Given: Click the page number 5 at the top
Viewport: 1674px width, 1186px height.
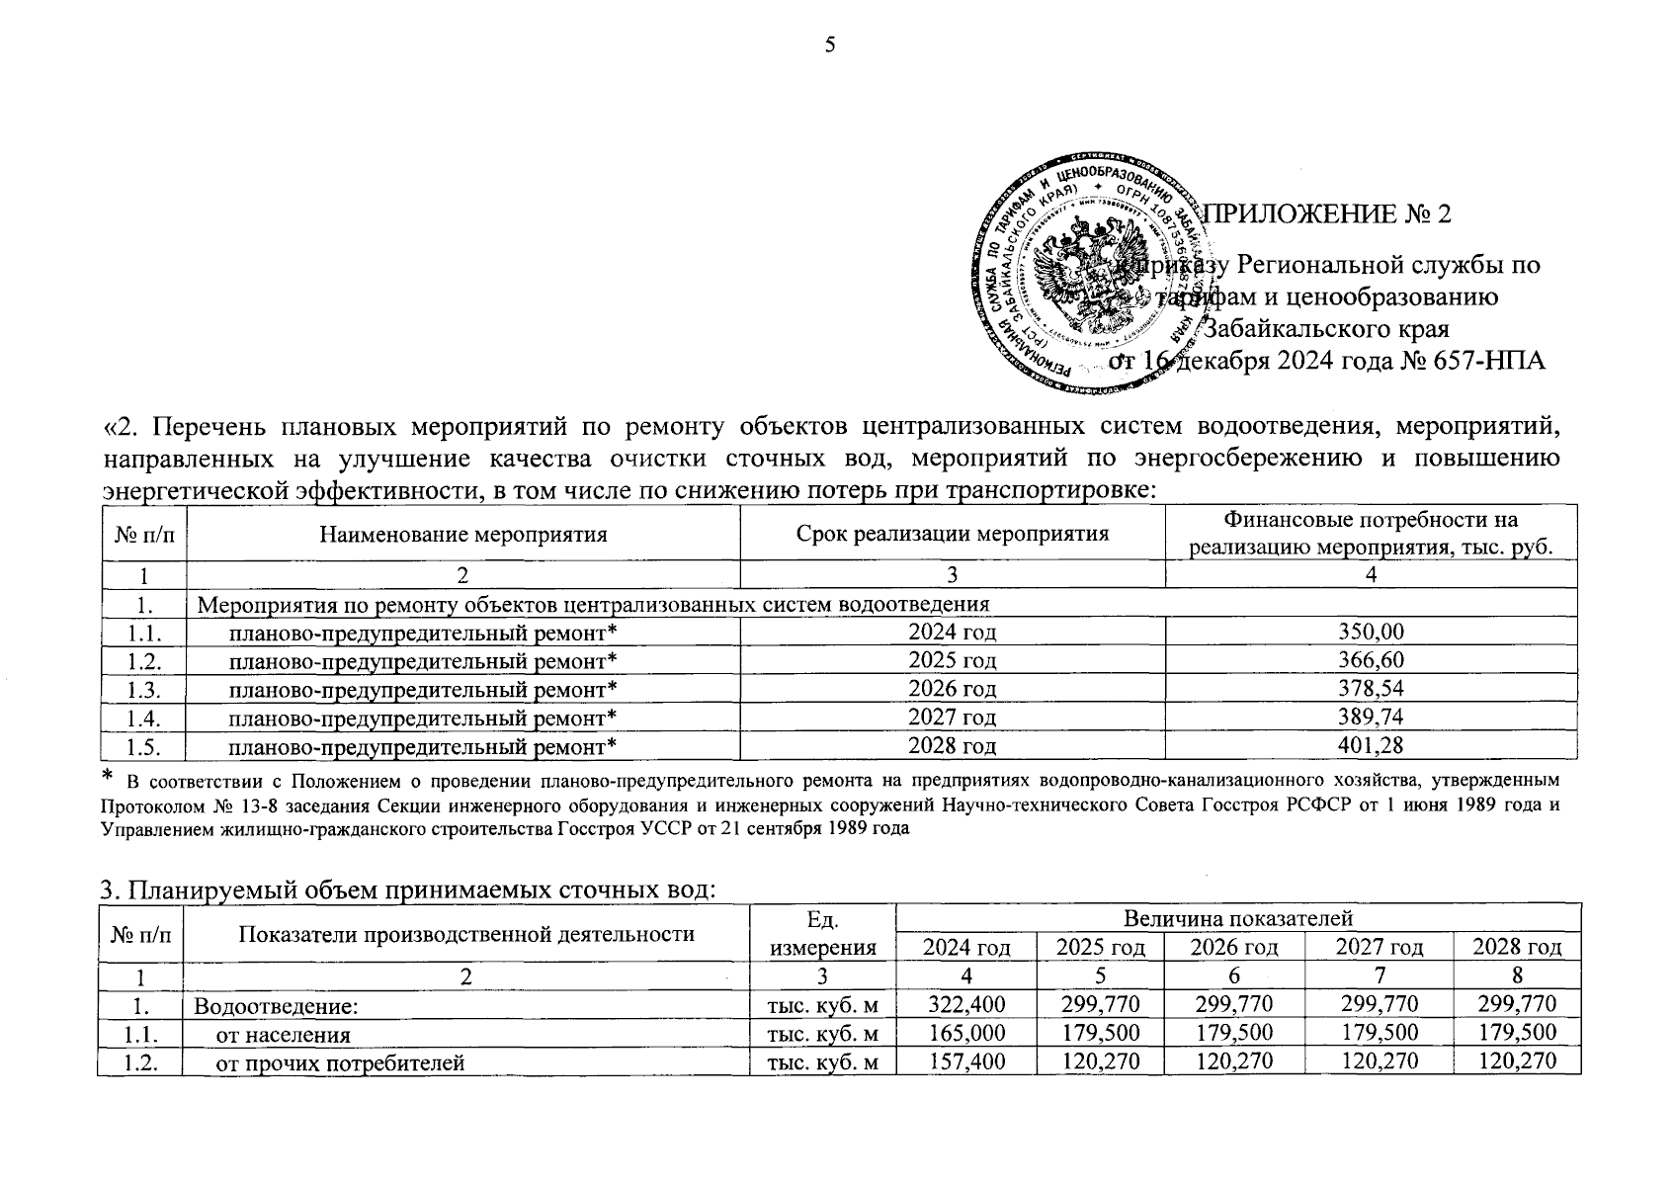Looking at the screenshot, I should (830, 44).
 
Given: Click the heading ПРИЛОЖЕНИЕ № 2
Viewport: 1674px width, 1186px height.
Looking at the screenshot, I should (1330, 214).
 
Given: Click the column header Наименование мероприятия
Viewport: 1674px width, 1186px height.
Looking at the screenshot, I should (463, 535).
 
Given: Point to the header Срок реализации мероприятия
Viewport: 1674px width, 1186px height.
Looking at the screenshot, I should (953, 535).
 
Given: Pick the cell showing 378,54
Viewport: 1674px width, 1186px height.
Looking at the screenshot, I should (1371, 689).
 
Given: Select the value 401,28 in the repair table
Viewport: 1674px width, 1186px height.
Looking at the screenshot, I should (1371, 745).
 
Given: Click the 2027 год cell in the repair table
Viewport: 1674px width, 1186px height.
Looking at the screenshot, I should (953, 718).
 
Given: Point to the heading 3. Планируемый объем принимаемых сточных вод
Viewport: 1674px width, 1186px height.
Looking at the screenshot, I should (407, 889).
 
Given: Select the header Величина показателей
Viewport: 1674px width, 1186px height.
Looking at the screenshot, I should (1237, 919).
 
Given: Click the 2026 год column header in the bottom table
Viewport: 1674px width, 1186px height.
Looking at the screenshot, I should (1233, 948).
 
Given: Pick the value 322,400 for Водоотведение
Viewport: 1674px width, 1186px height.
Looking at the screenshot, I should (966, 1005).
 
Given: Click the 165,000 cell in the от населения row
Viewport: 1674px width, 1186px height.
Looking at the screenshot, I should (966, 1034).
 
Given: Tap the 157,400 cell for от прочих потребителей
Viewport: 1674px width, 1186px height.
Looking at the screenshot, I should (966, 1062).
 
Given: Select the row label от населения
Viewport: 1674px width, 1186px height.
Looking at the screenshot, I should (284, 1035).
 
